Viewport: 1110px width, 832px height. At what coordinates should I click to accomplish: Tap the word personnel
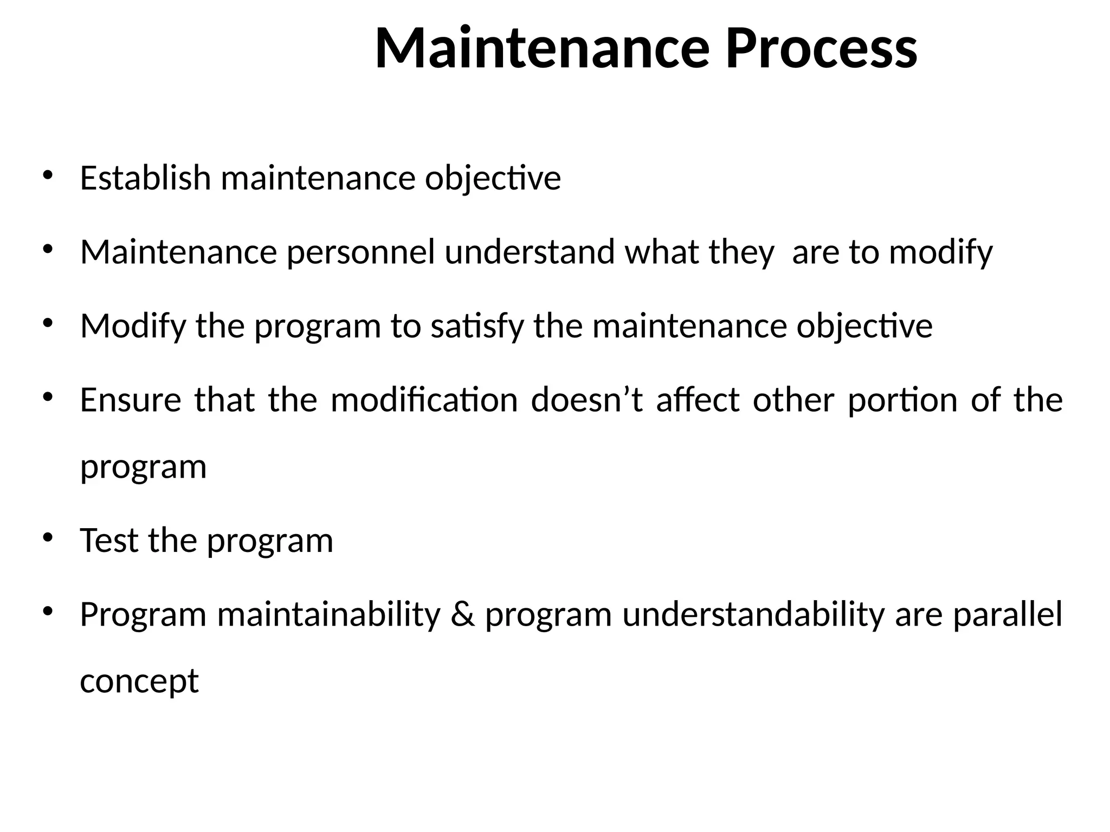coord(360,252)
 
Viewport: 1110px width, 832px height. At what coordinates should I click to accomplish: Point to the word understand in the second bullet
coord(530,252)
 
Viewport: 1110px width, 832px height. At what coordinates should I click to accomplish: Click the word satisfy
coord(477,327)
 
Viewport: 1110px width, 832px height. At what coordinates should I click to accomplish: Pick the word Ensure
coord(131,400)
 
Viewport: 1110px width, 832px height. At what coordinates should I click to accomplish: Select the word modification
coord(424,400)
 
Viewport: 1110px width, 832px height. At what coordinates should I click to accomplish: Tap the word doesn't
coord(587,400)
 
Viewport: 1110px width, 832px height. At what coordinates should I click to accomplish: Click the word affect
coord(698,400)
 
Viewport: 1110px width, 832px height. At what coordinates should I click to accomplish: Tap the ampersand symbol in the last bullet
coord(462,615)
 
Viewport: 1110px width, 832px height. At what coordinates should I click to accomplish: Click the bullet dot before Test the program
coord(48,538)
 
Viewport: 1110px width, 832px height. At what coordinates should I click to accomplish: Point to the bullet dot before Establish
coord(48,175)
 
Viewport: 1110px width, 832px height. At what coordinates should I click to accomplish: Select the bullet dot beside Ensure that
coord(48,398)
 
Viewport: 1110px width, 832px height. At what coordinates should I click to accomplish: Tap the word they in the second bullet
coord(741,252)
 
